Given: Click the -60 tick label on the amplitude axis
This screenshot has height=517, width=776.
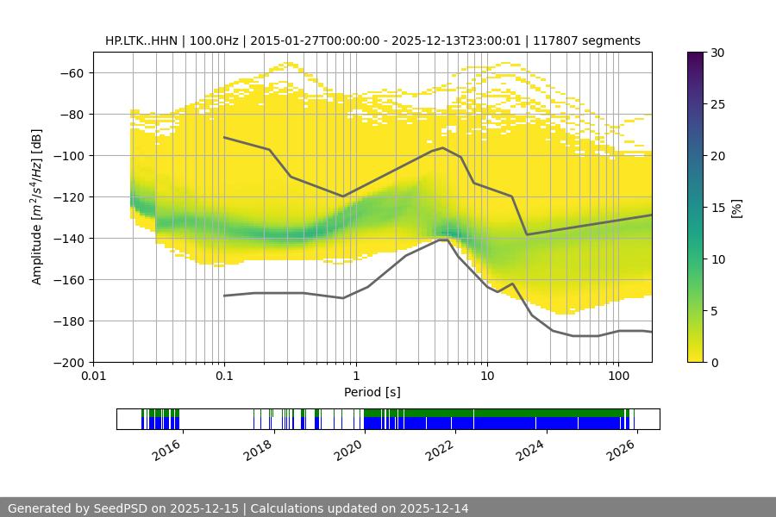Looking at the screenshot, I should point(71,72).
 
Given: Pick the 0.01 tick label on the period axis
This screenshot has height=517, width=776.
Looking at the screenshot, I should point(93,377).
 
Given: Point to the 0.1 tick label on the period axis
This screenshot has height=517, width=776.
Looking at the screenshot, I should point(224,377).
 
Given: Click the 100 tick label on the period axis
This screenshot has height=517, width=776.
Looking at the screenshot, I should point(617,377).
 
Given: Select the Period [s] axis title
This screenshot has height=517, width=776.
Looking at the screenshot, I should point(372,393).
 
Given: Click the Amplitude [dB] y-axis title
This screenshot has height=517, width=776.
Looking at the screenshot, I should point(37,207).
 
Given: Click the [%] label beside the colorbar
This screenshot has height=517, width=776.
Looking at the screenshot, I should point(736,208).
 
